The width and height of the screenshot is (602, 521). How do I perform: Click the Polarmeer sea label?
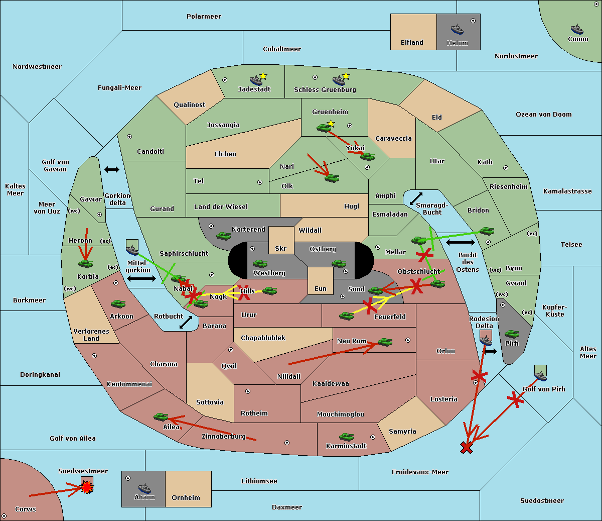(x=204, y=17)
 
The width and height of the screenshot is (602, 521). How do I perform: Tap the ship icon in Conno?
(x=577, y=29)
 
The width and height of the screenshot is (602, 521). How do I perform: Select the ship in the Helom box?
(x=457, y=29)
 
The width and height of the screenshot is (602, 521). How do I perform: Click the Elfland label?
(x=412, y=43)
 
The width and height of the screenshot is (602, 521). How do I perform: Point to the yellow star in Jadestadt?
(x=263, y=76)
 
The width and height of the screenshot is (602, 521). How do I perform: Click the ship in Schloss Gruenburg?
(x=339, y=80)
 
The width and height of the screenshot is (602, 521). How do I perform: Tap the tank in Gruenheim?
(x=324, y=128)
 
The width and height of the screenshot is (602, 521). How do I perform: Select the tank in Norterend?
(x=223, y=236)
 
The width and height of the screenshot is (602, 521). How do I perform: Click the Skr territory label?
(x=281, y=248)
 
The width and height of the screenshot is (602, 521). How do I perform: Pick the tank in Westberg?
(x=260, y=263)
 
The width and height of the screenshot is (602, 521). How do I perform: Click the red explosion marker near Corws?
(x=87, y=487)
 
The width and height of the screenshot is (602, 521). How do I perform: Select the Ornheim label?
(x=186, y=498)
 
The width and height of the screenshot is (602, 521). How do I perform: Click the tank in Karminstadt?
(x=346, y=437)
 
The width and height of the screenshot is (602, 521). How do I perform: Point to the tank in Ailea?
(x=161, y=416)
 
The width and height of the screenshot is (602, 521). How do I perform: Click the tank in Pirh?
(x=512, y=334)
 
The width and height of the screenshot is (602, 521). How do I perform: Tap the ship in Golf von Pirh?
(x=540, y=375)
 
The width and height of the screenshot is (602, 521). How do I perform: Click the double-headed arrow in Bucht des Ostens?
(x=460, y=243)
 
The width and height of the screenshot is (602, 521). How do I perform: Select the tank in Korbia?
(x=85, y=263)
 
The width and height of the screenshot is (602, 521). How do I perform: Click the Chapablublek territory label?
(x=263, y=338)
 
